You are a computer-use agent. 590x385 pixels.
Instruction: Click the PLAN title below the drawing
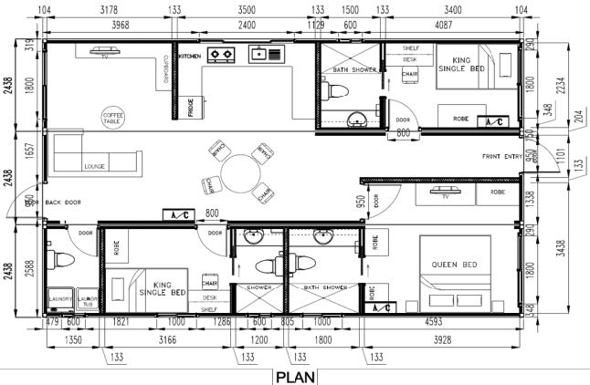(295, 375)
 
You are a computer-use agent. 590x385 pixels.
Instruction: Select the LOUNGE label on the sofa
(94, 167)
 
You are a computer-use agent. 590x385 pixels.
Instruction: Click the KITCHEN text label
(189, 56)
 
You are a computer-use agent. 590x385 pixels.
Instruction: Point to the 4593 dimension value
(444, 321)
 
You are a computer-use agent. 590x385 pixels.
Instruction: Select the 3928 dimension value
(442, 341)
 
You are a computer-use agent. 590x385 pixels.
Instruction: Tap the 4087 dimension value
(451, 25)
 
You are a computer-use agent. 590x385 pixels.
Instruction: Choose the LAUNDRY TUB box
(87, 299)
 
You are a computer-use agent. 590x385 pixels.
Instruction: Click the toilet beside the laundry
(60, 261)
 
